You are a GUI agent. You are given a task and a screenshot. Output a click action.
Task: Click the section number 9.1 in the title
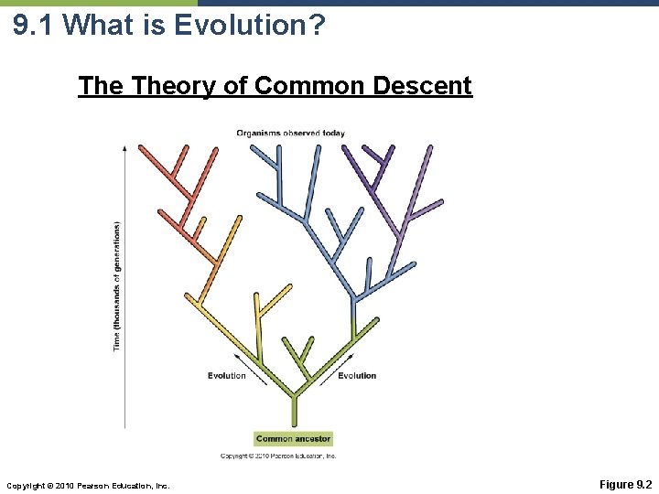pyautogui.click(x=35, y=25)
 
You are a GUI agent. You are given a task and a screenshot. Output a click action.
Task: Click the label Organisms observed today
pyautogui.click(x=290, y=133)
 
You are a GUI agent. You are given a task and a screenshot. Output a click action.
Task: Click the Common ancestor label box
pyautogui.click(x=293, y=439)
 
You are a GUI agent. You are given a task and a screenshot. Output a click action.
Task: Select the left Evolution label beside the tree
pyautogui.click(x=227, y=376)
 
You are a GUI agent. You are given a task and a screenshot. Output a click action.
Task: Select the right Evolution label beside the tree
pyautogui.click(x=357, y=376)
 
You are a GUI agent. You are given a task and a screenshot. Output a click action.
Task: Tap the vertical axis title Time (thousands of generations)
pyautogui.click(x=117, y=285)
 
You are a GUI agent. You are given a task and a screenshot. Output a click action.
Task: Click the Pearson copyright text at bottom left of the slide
pyautogui.click(x=88, y=485)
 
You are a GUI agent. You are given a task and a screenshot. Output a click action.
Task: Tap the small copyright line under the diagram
pyautogui.click(x=278, y=456)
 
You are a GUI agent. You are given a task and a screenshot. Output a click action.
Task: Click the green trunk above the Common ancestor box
pyautogui.click(x=293, y=410)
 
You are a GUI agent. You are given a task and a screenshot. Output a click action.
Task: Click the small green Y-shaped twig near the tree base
pyautogui.click(x=297, y=352)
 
